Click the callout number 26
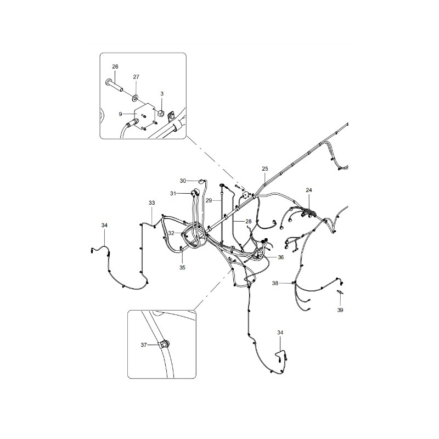click(115, 66)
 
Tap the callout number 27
click(136, 77)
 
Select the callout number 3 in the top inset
click(162, 93)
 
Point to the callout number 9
click(120, 114)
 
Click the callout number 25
click(265, 168)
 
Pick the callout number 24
click(308, 190)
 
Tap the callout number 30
click(183, 181)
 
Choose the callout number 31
click(173, 194)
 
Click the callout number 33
click(151, 202)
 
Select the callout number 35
click(182, 268)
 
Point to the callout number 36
click(280, 257)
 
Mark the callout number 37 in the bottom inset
click(144, 345)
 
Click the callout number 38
click(275, 283)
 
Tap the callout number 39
click(340, 310)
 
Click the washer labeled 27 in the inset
click(135, 98)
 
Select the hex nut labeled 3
click(161, 113)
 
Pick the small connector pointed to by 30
click(200, 181)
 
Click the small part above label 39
click(340, 292)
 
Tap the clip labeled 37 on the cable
click(165, 344)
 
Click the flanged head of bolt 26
click(108, 82)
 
